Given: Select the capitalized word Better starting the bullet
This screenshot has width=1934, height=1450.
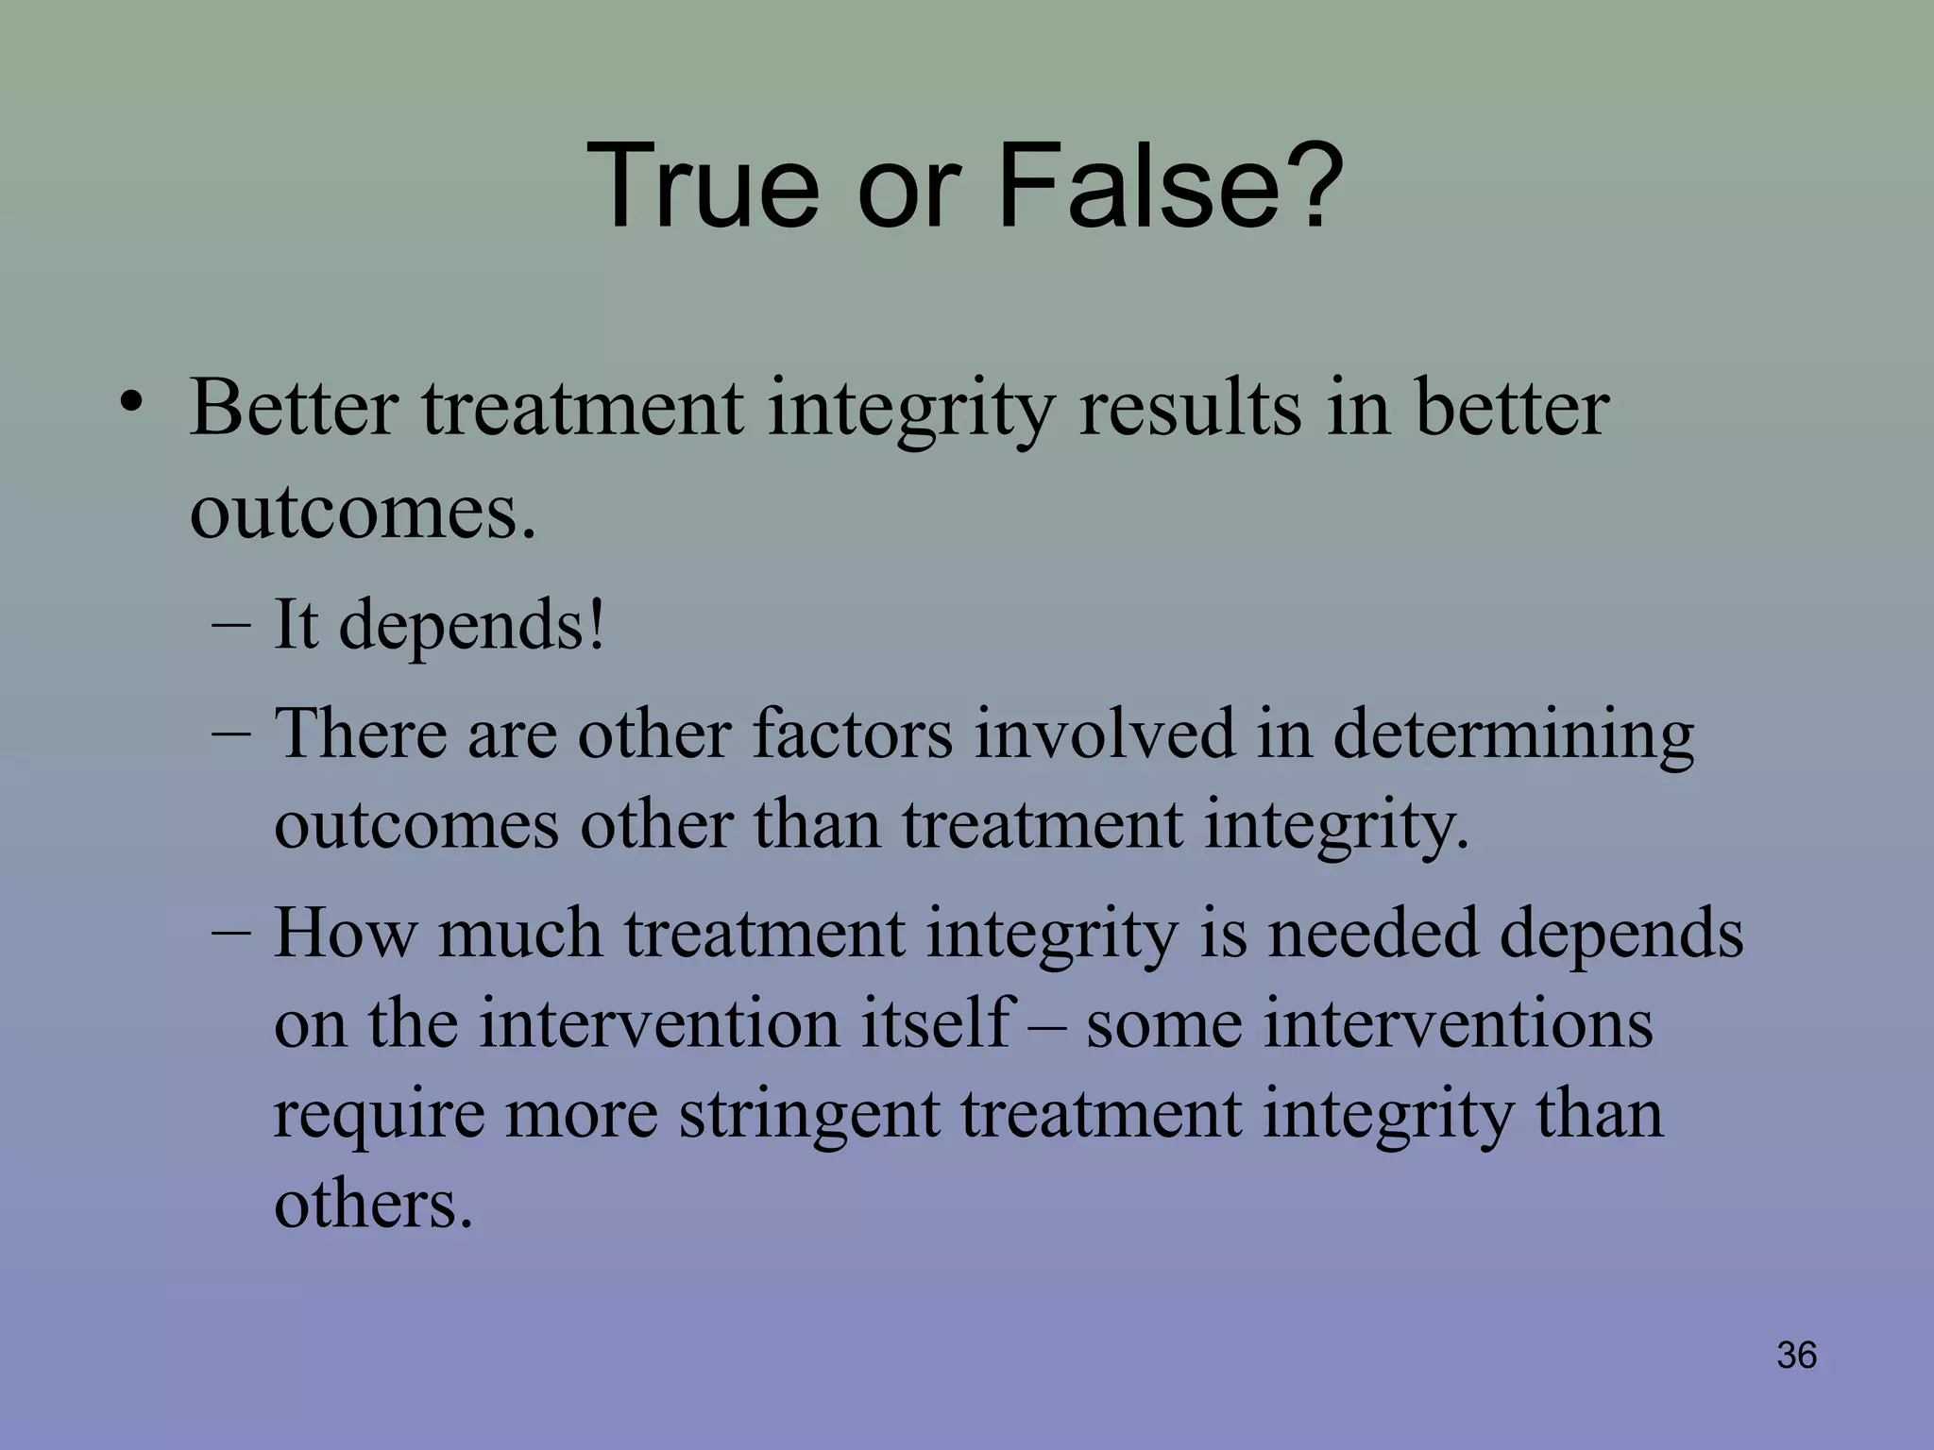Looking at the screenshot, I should (x=294, y=408).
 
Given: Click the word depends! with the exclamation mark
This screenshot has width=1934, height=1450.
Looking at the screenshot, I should (x=471, y=626).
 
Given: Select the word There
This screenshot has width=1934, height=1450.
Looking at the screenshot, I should (x=360, y=733).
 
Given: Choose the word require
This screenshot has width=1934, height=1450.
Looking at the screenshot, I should (x=379, y=1114).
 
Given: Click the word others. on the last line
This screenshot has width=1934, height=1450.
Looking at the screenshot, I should (x=373, y=1204).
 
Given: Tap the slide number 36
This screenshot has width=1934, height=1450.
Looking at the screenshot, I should (x=1795, y=1355).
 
